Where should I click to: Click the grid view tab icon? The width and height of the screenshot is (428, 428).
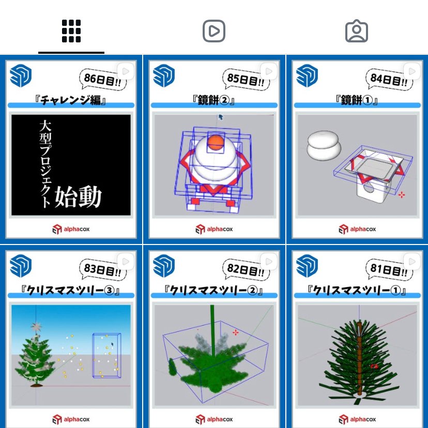(71, 31)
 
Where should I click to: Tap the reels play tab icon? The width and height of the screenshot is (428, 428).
(213, 31)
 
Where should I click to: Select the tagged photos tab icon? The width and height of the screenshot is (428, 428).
(356, 31)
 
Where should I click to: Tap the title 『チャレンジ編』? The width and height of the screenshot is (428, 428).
(71, 100)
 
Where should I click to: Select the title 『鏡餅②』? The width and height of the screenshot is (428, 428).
(214, 100)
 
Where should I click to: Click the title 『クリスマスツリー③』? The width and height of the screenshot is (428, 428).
(71, 291)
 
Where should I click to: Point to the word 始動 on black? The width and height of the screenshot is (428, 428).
(78, 197)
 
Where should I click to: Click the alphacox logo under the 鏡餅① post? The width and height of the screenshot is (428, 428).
(357, 229)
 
